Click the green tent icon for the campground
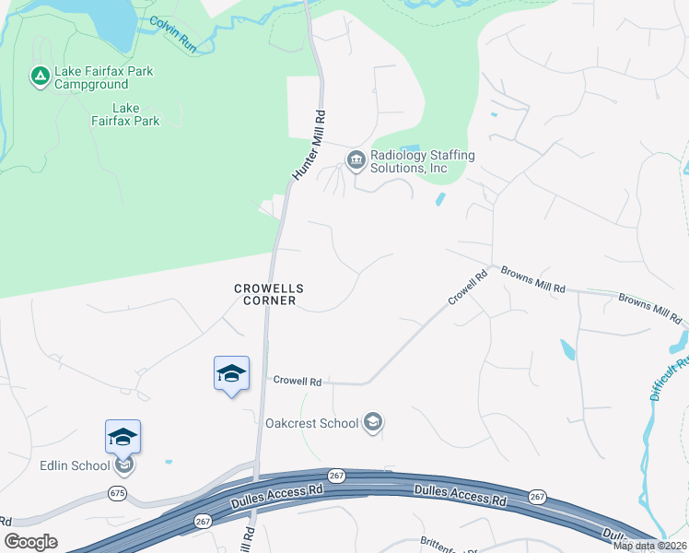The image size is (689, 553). pos(40,76)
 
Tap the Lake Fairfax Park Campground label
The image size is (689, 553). pos(103,77)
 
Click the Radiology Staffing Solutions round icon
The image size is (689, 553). pos(356,161)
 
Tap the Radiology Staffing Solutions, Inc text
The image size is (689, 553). pos(422,161)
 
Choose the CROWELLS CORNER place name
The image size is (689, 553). pos(268,294)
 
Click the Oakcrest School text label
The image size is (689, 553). pos(311,424)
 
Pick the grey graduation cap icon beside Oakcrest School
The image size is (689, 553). pos(373,423)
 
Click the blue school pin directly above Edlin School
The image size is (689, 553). pos(123,437)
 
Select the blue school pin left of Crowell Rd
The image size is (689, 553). pos(231,373)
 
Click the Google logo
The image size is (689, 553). pos(31,542)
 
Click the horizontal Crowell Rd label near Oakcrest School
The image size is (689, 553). pos(296,380)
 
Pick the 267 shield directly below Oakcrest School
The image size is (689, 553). pos(337,474)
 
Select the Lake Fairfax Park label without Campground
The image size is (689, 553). pos(125,114)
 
